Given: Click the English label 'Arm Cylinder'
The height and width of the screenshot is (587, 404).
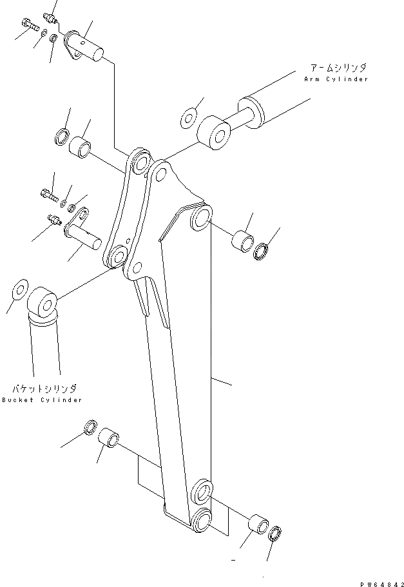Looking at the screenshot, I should click(x=336, y=79).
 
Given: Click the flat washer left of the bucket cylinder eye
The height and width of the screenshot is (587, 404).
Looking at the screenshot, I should click(x=18, y=290).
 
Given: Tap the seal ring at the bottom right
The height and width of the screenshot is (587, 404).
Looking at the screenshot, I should click(x=274, y=532).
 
